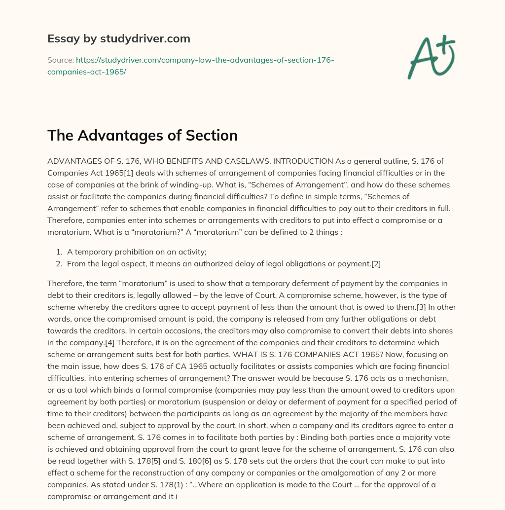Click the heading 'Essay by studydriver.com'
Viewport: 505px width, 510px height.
point(118,38)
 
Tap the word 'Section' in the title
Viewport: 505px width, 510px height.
point(211,135)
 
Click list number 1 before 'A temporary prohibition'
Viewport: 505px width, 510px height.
point(59,252)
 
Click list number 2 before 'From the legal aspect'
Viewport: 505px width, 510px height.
point(59,263)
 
